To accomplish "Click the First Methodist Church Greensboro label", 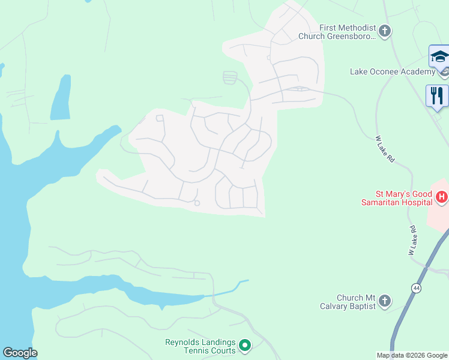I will pos(340,32).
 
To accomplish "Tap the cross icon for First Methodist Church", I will pos(385,30).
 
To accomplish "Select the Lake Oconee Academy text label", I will pos(393,72).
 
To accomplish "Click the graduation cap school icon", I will pos(439,57).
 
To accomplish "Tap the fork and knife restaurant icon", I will pos(436,95).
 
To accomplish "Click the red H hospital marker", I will pos(442,197).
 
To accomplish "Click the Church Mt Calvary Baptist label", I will pos(348,302).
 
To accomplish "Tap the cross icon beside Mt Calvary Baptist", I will pos(385,301).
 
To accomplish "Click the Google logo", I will pos(20,353).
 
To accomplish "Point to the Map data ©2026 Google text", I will pos(412,355).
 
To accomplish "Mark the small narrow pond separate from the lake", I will pos(60,99).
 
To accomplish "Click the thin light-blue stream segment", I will pos(228,289).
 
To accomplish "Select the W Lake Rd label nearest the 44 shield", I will pos(412,241).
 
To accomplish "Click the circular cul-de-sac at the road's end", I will pos(197,203).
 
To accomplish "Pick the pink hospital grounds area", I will pos(438,216).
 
